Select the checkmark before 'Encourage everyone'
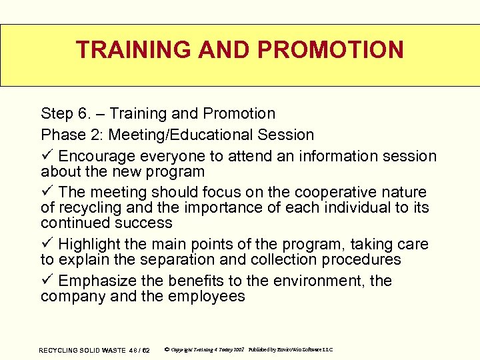pyautogui.click(x=46, y=156)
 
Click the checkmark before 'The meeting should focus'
pyautogui.click(x=46, y=193)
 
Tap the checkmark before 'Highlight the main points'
pyautogui.click(x=46, y=245)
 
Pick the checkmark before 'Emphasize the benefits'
pyautogui.click(x=46, y=281)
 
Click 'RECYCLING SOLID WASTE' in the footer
pyautogui.click(x=83, y=350)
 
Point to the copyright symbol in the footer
pyautogui.click(x=167, y=349)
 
